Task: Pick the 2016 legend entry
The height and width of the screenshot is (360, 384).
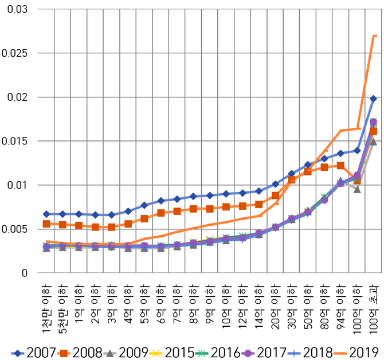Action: pyautogui.click(x=221, y=351)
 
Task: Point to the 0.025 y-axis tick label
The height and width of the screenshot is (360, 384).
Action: pyautogui.click(x=17, y=53)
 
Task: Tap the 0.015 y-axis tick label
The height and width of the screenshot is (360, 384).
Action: pyautogui.click(x=17, y=141)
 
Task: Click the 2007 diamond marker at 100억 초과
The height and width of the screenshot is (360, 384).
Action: pyautogui.click(x=373, y=99)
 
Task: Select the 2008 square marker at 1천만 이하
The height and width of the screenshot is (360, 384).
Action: pyautogui.click(x=46, y=224)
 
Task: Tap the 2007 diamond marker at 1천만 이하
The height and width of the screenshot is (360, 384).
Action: pyautogui.click(x=46, y=214)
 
